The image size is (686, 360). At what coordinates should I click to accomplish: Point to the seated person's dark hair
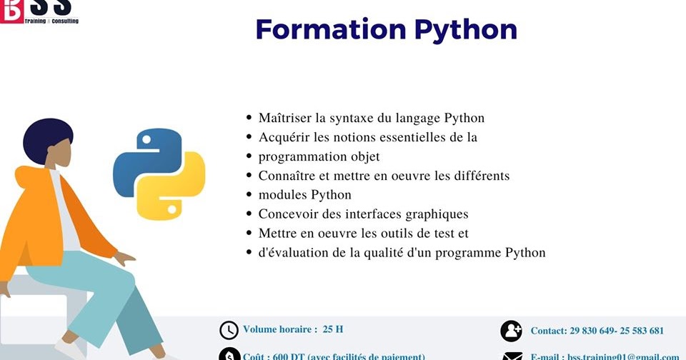46,139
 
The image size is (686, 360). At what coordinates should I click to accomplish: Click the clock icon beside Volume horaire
229,330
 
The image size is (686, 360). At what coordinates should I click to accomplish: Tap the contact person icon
512,331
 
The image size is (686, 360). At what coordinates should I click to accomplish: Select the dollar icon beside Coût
229,355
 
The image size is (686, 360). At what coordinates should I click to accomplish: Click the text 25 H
333,329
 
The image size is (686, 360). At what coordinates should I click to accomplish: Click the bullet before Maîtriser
249,118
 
